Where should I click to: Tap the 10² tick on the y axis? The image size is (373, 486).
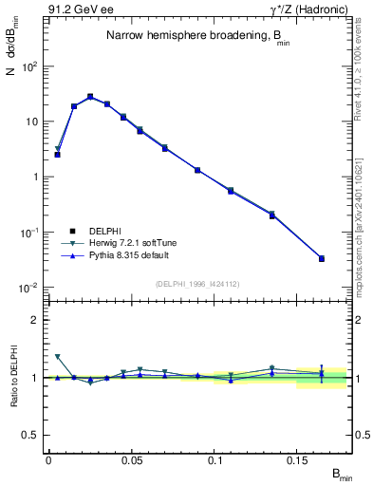click(29, 66)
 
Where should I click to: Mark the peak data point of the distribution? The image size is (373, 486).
click(90, 96)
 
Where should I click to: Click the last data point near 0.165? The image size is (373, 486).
click(322, 258)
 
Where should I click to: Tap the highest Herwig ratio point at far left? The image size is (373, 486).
click(57, 357)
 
